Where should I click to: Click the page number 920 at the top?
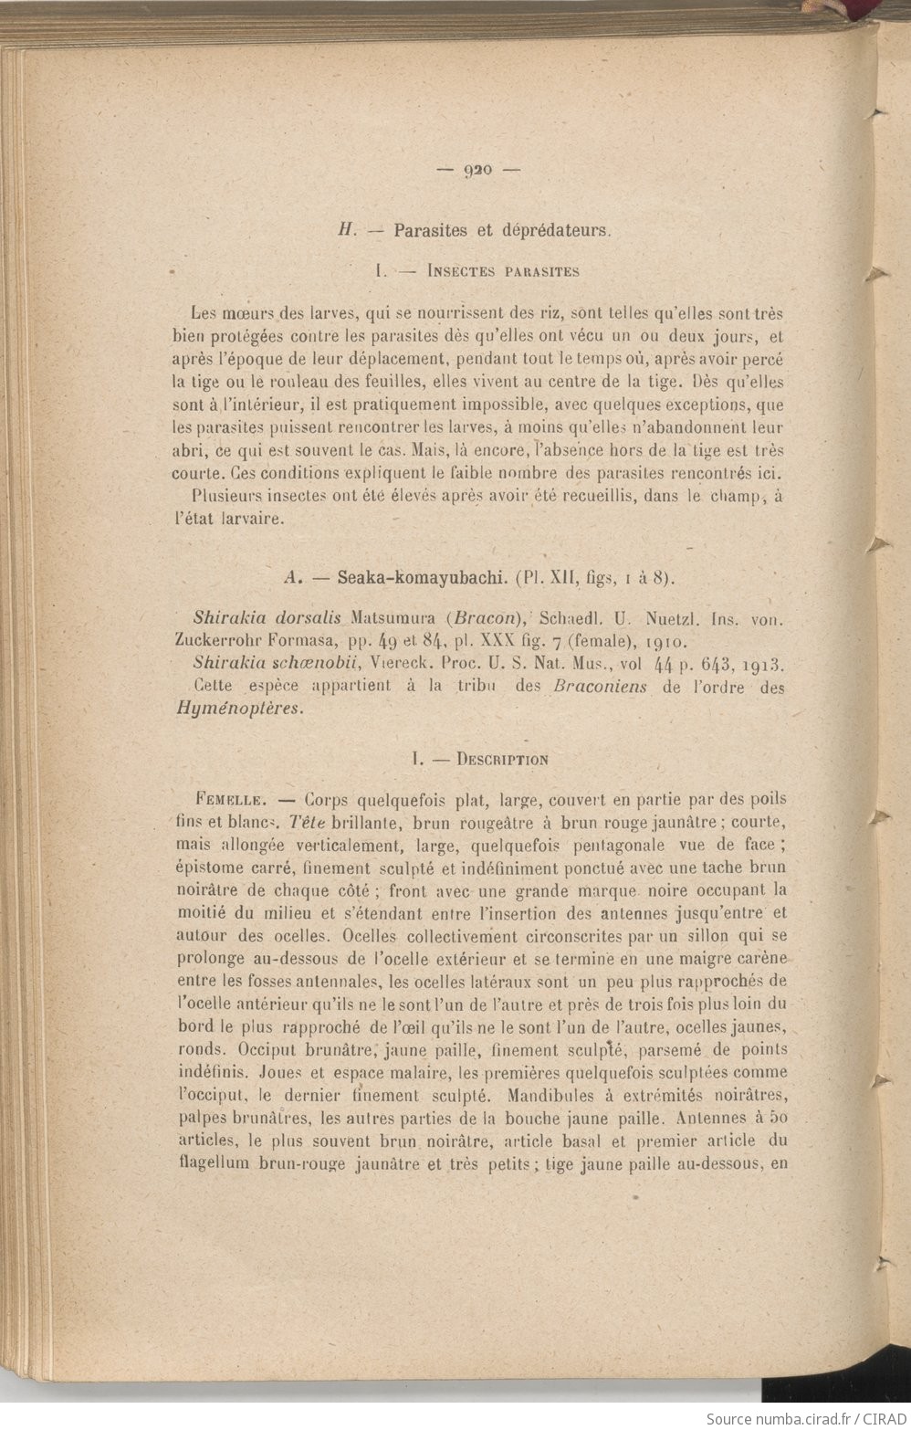(478, 169)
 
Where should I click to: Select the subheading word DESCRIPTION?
(503, 759)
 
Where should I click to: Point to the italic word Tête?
(308, 822)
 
